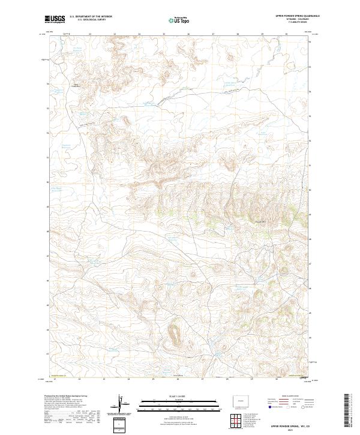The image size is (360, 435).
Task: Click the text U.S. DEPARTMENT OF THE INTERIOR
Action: (x=91, y=17)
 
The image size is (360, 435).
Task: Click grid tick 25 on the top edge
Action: (x=164, y=34)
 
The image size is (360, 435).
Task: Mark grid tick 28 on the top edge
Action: (x=238, y=34)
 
